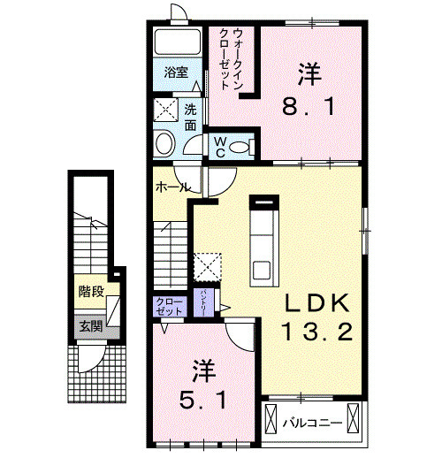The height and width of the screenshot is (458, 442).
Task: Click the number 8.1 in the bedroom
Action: tap(307, 108)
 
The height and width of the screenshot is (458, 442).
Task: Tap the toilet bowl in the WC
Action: tap(248, 145)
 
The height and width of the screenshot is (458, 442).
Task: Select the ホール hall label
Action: tap(171, 187)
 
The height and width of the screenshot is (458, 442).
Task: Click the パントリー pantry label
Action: tap(205, 301)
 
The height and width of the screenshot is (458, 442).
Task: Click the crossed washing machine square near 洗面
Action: tap(166, 111)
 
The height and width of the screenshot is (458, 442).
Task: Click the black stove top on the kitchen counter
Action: tap(263, 202)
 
